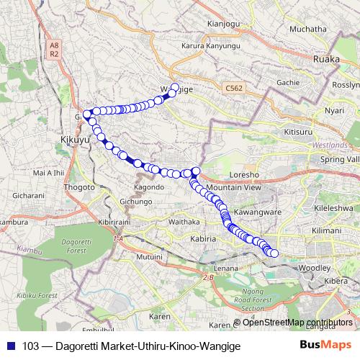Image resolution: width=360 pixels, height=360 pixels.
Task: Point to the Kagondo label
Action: [x=149, y=187]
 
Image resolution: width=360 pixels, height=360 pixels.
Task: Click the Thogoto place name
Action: [x=80, y=187]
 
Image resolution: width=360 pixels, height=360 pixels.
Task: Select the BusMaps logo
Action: [x=327, y=345]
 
